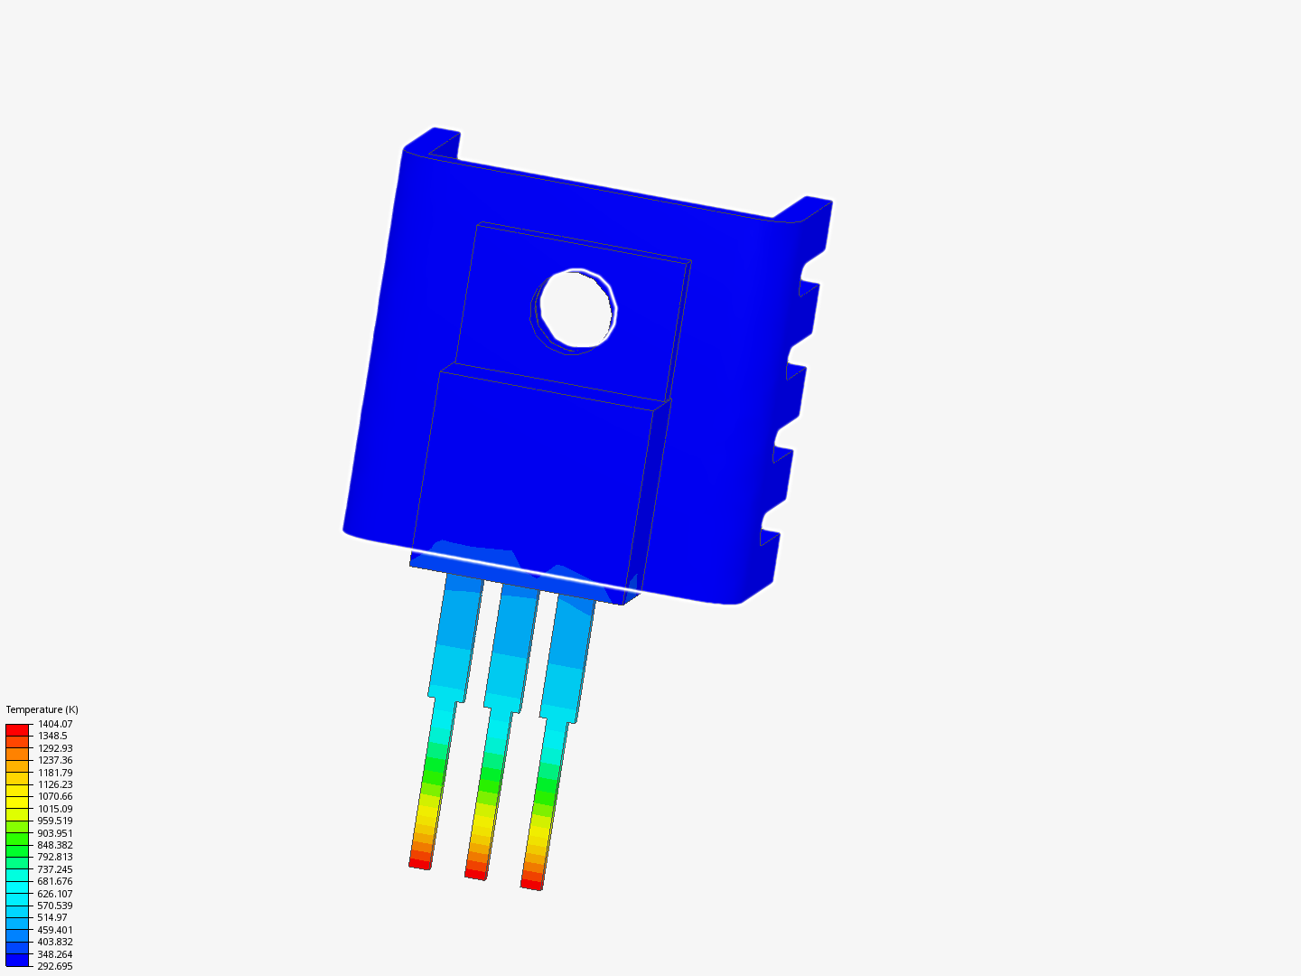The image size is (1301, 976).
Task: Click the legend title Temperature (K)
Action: pos(42,709)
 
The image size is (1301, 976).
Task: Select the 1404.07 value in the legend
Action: pos(55,724)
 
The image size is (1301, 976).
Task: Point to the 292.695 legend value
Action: pos(55,966)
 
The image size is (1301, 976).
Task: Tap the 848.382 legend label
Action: pos(55,845)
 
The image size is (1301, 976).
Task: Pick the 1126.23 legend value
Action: pos(55,784)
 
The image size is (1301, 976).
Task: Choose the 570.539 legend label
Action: pos(55,906)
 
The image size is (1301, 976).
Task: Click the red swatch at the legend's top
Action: pos(17,729)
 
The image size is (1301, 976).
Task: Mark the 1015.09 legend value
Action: pos(55,809)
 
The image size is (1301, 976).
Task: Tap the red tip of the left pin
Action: pos(420,864)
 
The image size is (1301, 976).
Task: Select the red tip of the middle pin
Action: pos(476,874)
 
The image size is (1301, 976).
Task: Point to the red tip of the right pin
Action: pos(532,884)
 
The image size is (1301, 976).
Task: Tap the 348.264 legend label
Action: pos(55,954)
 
